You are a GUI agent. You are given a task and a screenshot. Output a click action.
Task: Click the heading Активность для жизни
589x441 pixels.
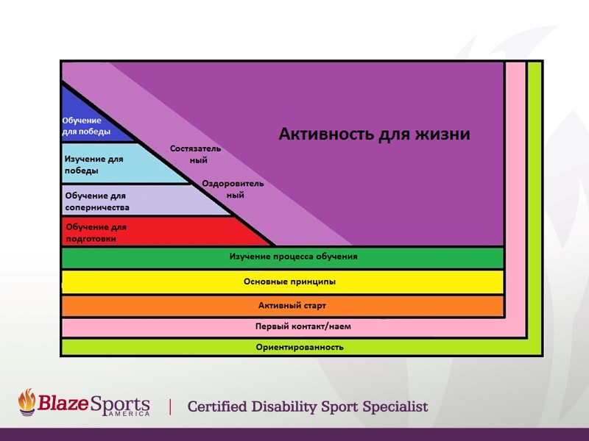374,135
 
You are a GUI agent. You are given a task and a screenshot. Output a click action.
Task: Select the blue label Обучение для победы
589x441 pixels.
86,126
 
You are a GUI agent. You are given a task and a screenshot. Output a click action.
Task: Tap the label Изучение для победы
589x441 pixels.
94,165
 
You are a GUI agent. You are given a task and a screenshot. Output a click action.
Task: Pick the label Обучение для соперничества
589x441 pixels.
97,201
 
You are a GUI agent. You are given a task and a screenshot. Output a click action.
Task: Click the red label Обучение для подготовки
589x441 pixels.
96,232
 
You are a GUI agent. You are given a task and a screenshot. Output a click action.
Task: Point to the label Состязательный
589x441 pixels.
195,154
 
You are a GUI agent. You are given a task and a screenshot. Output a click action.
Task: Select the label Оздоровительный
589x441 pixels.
233,190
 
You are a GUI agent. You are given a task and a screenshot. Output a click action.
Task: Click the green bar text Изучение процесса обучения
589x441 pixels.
293,257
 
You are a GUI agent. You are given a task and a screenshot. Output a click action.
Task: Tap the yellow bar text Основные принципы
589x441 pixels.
289,282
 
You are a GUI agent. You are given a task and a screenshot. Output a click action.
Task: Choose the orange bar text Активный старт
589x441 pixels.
292,305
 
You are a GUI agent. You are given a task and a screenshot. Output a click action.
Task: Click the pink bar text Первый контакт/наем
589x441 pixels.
292,326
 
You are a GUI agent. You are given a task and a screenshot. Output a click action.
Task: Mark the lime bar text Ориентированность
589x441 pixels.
300,347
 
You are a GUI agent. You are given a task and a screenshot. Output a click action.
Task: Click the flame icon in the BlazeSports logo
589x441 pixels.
27,403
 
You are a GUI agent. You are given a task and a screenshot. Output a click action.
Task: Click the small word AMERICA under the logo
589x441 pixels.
126,415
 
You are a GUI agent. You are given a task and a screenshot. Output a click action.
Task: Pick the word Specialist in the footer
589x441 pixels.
393,406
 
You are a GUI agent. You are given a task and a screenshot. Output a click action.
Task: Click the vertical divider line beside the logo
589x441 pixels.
171,406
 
